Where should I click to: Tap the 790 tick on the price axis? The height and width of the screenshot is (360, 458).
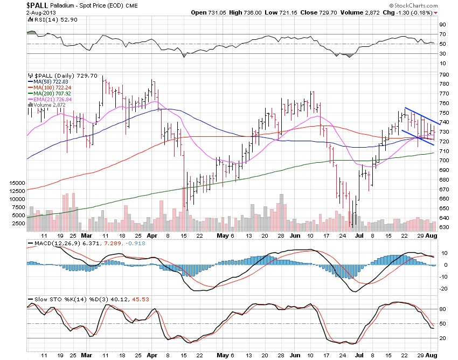[444, 74]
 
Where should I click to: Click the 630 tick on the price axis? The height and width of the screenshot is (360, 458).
[444, 227]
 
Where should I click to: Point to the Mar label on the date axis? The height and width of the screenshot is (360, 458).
[86, 236]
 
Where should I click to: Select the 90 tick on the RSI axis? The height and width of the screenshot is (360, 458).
[442, 25]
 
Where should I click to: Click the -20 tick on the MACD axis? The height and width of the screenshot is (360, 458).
[443, 289]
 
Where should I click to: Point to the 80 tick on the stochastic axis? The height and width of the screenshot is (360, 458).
[442, 309]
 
